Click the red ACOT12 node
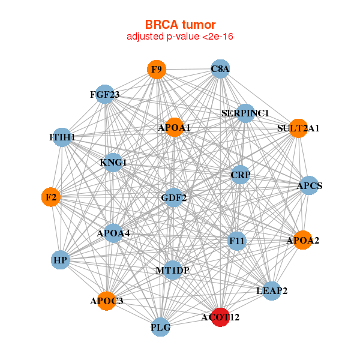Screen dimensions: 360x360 221,317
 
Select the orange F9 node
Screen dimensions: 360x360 157,70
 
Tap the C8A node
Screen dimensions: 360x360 220,70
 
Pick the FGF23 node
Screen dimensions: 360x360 105,94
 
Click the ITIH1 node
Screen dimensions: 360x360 62,137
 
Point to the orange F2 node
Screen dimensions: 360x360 51,197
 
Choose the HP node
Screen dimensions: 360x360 60,260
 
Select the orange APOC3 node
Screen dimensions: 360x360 107,301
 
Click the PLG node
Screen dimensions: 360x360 161,328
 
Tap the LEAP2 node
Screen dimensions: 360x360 272,291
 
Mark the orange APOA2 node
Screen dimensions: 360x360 302,241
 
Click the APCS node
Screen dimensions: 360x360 310,186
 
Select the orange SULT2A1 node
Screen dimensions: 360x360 298,128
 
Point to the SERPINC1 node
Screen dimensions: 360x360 245,113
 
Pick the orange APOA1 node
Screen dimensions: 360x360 174,127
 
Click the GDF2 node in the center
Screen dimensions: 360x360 173,197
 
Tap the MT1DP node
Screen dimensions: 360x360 173,271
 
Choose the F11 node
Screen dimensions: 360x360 238,241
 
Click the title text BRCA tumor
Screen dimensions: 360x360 180,25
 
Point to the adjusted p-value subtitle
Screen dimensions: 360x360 180,37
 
